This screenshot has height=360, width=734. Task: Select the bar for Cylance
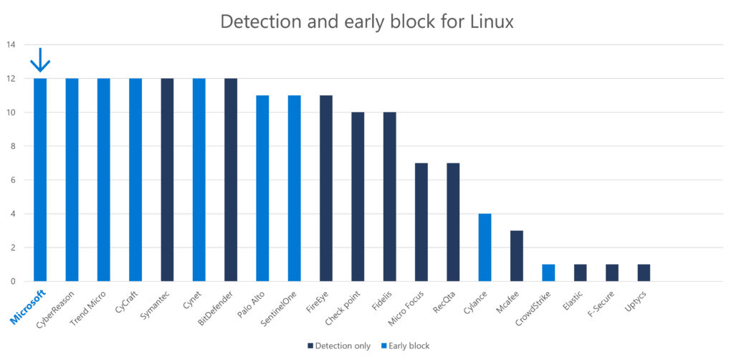(x=485, y=247)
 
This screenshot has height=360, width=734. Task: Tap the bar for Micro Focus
(x=421, y=222)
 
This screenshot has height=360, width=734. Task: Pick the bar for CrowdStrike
(x=548, y=273)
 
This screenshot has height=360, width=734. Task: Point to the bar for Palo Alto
(x=262, y=188)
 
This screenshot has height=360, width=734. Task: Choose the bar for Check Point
(x=358, y=196)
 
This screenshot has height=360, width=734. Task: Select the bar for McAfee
(x=517, y=256)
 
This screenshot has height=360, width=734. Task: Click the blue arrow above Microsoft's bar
(x=39, y=60)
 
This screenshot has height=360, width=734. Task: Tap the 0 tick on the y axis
(x=12, y=281)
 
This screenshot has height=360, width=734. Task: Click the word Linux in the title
(x=488, y=22)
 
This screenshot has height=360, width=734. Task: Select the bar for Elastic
(x=581, y=273)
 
